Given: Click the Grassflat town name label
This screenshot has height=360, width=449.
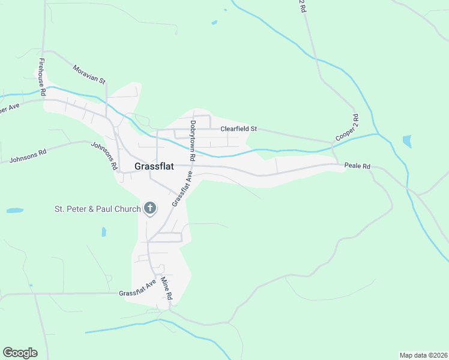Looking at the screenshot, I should [154, 167].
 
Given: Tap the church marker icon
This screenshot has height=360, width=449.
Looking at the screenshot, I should [150, 209].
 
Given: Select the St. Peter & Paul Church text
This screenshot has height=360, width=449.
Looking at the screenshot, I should [97, 209].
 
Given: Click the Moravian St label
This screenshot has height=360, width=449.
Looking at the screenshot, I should [89, 74].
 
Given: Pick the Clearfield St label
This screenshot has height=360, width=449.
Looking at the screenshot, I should [238, 128].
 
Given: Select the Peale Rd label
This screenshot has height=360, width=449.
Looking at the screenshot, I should [357, 166].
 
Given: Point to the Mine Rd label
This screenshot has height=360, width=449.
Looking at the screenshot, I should [166, 289].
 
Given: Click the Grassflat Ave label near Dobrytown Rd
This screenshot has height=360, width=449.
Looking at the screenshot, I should [182, 189].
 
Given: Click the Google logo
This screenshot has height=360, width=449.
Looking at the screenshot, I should [20, 353].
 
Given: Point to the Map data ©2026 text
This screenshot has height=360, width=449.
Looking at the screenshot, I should [423, 355].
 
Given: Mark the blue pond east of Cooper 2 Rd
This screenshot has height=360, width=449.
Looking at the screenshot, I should [408, 142].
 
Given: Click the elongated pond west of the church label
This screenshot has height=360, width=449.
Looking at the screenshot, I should [15, 211].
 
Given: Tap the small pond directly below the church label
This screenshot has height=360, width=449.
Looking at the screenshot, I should [104, 232].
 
